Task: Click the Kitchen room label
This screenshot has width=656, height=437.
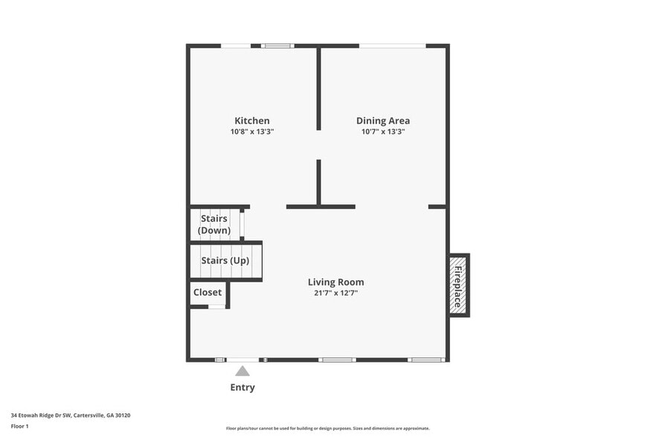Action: (x=252, y=120)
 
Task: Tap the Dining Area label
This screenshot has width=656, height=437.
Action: (x=383, y=120)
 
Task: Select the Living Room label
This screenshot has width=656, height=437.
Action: (x=336, y=282)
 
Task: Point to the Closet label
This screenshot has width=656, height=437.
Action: (x=208, y=292)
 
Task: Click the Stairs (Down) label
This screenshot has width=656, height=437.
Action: (x=214, y=224)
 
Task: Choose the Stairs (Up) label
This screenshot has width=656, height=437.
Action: (x=225, y=261)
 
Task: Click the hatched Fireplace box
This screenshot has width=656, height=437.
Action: (x=458, y=285)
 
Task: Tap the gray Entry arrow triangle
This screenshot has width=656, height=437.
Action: (x=242, y=371)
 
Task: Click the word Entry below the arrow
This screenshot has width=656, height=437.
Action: (x=242, y=387)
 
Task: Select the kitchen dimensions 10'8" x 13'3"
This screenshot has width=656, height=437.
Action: (x=252, y=132)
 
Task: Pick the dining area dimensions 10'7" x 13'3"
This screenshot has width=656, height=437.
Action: (x=383, y=132)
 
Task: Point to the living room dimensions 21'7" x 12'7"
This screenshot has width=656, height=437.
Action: (x=336, y=293)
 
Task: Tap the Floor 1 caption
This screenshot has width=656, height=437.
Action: (x=20, y=426)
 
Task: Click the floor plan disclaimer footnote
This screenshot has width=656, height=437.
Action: (x=328, y=428)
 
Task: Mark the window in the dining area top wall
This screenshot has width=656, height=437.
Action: (x=392, y=46)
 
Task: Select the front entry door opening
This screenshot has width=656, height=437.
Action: (x=242, y=360)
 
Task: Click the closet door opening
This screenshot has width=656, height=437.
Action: (x=216, y=306)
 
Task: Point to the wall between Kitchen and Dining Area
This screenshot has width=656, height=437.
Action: (x=318, y=89)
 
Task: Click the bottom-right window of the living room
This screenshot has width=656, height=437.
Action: (x=426, y=360)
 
